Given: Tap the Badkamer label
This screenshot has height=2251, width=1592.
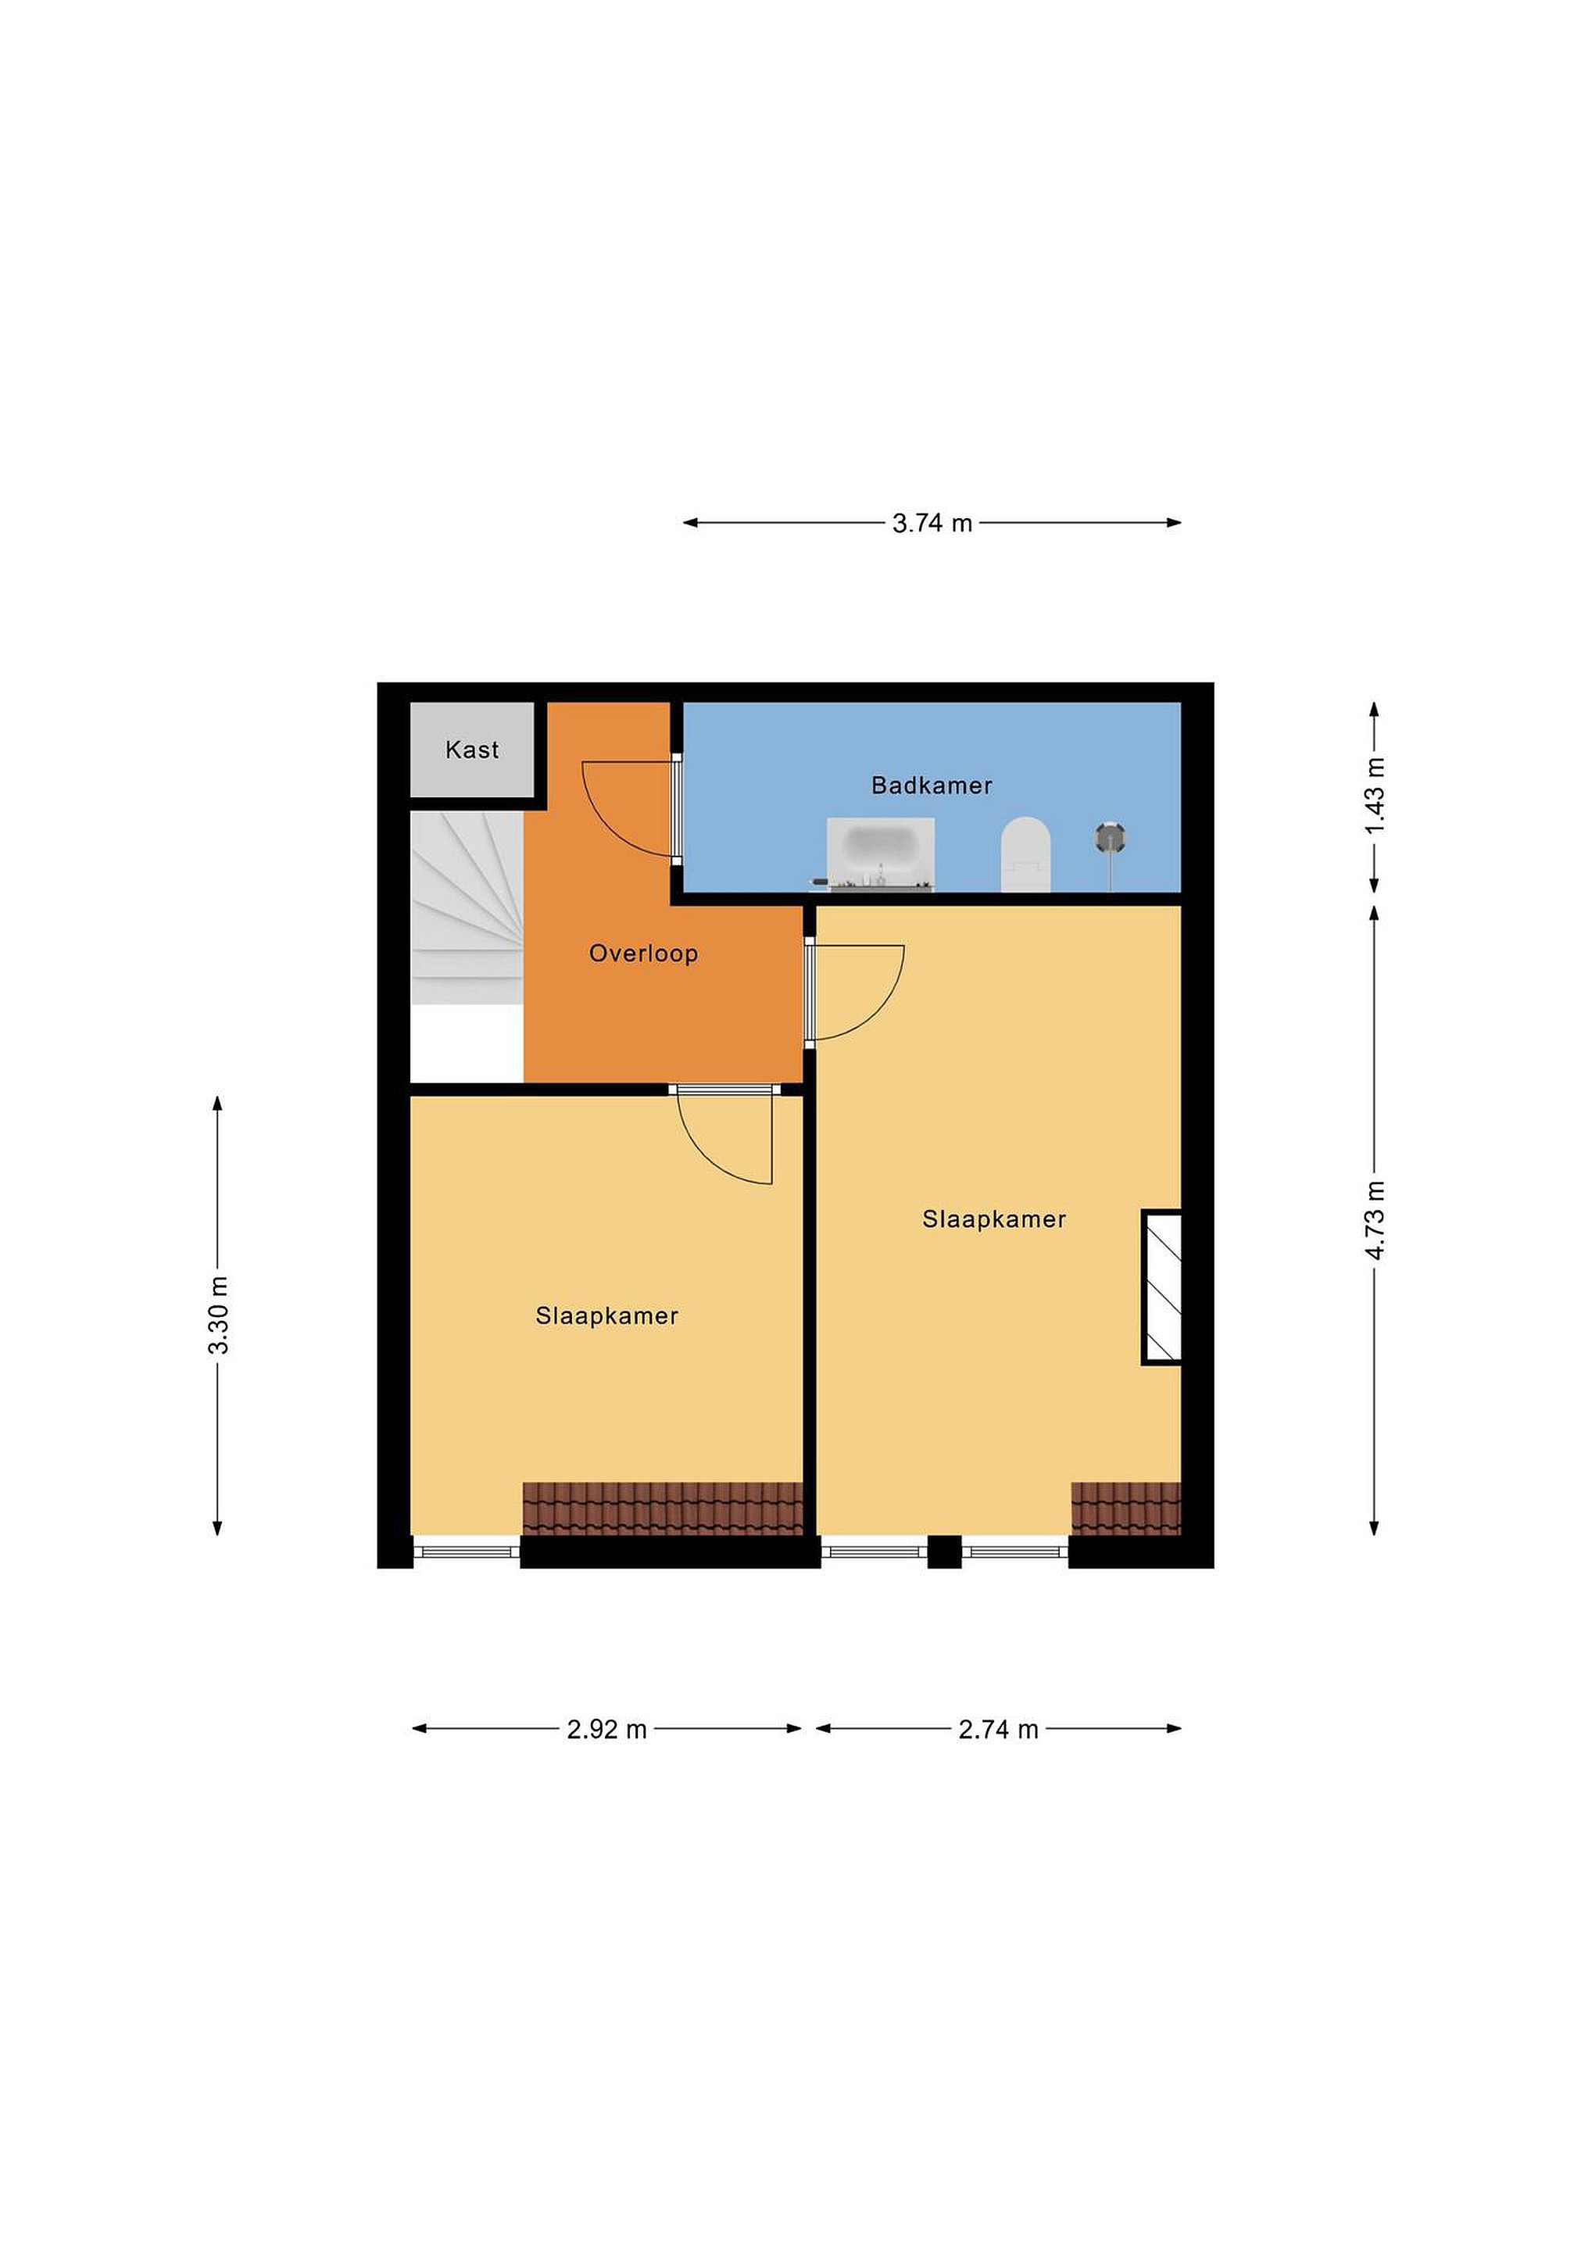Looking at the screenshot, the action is pos(932,786).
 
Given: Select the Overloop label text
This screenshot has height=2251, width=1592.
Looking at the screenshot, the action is pos(643,953).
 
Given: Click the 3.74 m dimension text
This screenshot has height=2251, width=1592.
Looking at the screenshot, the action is pos(932,524).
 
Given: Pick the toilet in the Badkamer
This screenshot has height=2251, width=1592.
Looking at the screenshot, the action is pos(1025,855).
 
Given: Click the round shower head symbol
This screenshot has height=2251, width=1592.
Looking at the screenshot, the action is pos(1110,837).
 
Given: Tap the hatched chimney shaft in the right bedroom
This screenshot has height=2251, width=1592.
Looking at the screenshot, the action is pos(1161,1287).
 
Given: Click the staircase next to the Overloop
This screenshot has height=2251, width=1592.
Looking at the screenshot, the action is pos(467,909).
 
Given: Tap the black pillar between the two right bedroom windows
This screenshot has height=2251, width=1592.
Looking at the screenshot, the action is pos(944,1552).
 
